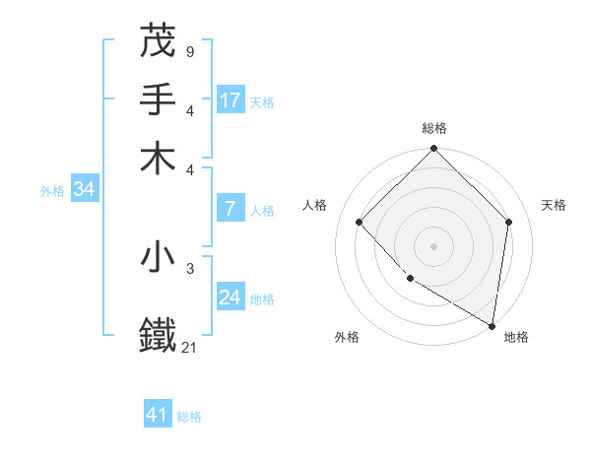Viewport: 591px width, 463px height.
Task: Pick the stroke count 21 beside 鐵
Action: [x=190, y=347]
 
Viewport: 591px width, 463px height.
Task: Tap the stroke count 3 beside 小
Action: [x=189, y=268]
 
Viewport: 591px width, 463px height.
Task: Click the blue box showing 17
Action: [x=230, y=99]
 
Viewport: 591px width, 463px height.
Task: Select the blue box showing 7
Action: [x=230, y=208]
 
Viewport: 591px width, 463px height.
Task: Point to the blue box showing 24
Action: [x=230, y=298]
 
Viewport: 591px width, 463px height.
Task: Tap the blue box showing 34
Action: [x=84, y=189]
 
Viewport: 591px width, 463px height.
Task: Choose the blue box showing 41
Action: [x=158, y=415]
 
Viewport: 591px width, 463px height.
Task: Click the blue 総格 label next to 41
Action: [x=189, y=417]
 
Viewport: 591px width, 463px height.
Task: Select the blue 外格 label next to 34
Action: [x=52, y=191]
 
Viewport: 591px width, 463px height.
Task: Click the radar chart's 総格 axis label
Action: [x=434, y=128]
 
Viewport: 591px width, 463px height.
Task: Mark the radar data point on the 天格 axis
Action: [x=509, y=222]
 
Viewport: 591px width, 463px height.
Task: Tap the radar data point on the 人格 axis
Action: [x=360, y=222]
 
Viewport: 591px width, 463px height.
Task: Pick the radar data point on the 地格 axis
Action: [x=492, y=324]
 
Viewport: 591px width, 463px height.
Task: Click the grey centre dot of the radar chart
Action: [x=434, y=245]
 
